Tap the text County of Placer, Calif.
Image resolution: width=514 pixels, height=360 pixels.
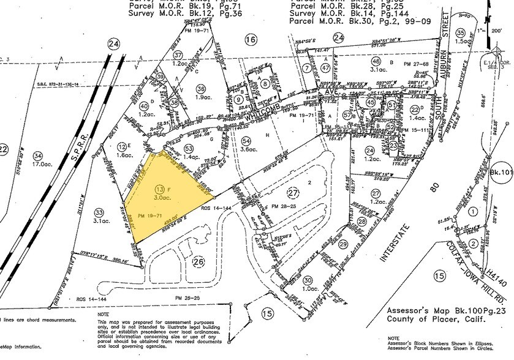tap(434, 319)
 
